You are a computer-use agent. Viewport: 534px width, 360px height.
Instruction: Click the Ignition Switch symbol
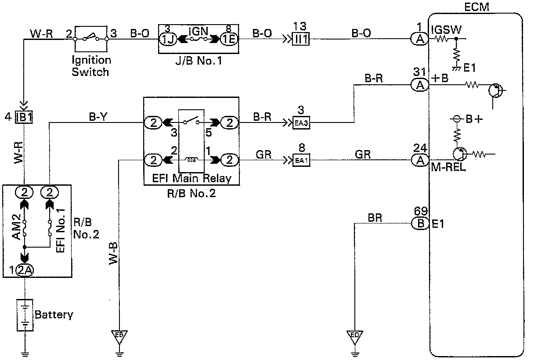click(91, 38)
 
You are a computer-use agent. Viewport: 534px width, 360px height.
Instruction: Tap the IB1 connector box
click(24, 117)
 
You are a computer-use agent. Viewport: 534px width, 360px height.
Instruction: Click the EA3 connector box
click(301, 123)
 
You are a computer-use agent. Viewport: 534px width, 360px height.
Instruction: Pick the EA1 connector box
click(301, 159)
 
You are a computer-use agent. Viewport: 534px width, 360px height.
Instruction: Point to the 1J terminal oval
click(167, 39)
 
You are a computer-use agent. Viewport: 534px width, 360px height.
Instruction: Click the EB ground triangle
click(119, 335)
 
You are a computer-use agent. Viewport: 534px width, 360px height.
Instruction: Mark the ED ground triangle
click(355, 335)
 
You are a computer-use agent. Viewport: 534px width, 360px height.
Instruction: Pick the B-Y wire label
click(97, 117)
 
